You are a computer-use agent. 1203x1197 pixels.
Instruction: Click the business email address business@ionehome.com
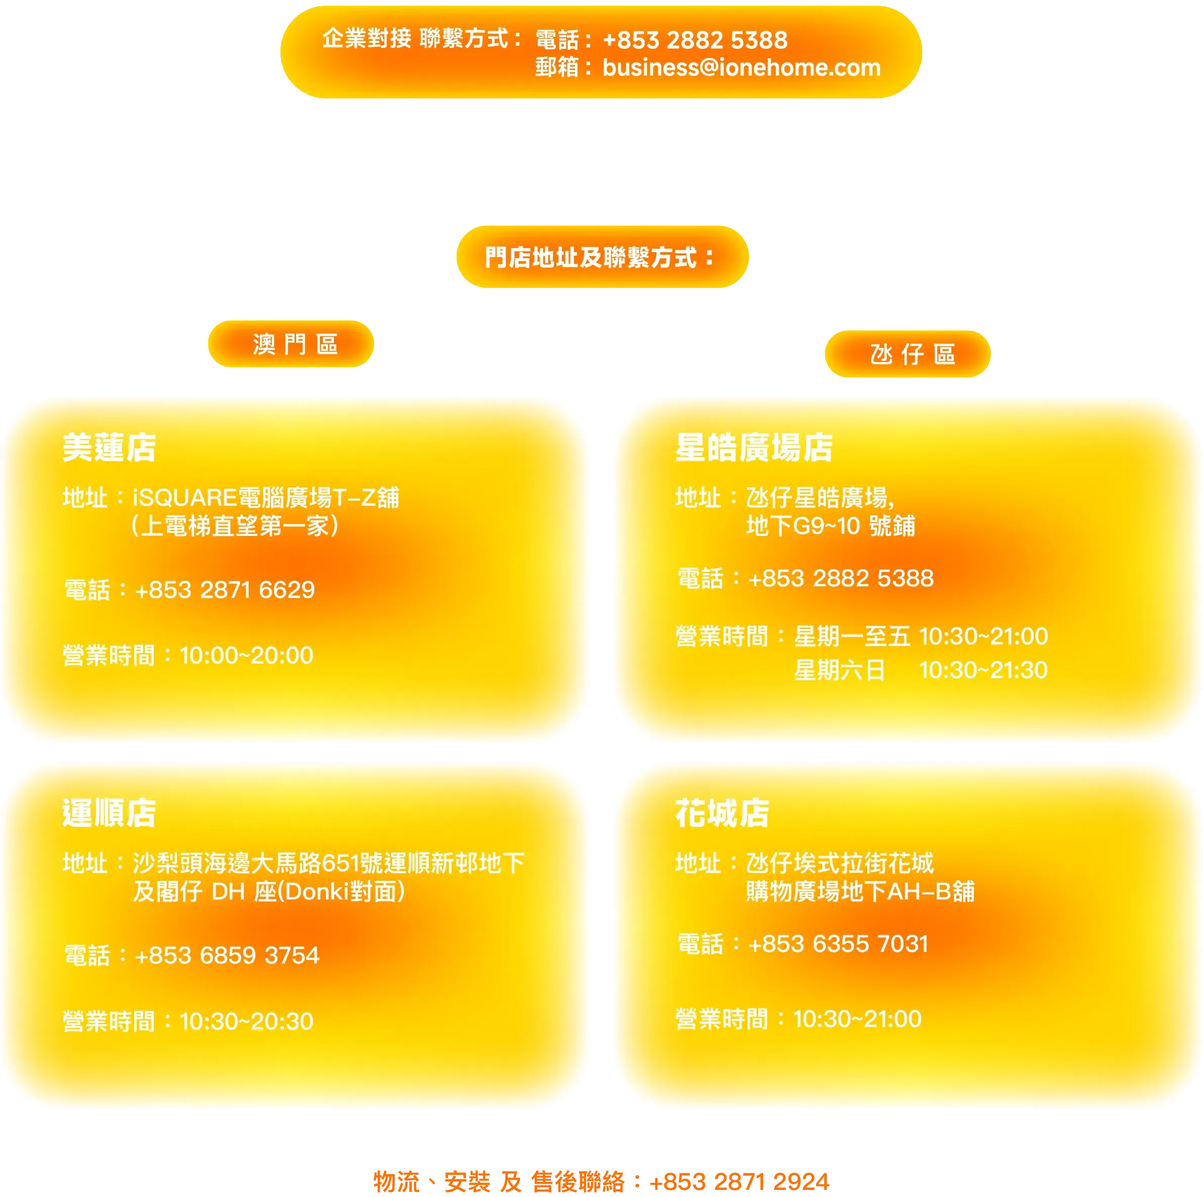741,67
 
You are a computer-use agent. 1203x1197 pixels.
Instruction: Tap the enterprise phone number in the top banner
695,40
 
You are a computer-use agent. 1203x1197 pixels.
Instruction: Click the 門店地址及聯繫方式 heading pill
601,257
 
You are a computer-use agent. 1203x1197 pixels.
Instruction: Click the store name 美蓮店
109,448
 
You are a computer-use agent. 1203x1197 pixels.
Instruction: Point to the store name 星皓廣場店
754,448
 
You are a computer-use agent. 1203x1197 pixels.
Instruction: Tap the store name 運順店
109,813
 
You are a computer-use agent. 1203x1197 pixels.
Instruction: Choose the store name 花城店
722,813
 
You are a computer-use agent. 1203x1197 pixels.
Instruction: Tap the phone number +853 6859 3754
226,955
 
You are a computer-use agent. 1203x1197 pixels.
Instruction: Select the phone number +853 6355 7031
838,944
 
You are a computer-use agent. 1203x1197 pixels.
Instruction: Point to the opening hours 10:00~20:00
247,655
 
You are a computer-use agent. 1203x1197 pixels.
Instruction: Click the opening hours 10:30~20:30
247,1022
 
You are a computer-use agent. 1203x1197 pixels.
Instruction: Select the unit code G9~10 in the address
826,526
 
